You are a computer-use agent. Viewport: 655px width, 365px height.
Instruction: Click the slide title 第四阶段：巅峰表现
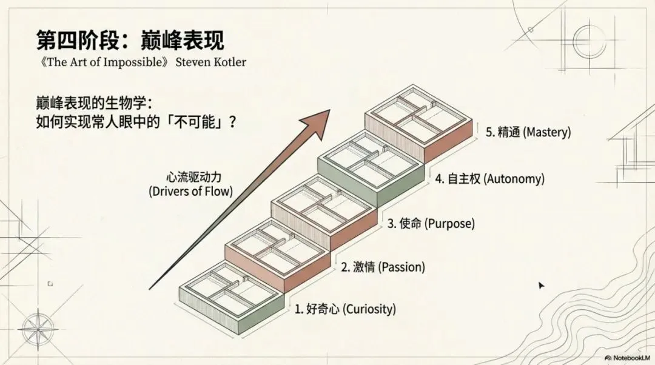pos(130,40)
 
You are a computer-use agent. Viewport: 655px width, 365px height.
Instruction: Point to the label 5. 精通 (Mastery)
pos(528,131)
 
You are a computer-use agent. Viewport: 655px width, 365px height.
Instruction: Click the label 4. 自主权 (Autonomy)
pos(489,179)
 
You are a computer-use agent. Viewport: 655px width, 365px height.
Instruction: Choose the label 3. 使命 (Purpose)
pos(431,224)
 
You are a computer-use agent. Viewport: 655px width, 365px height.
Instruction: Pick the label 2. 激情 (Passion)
pos(383,267)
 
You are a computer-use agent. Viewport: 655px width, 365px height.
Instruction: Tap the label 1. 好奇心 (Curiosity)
pos(345,309)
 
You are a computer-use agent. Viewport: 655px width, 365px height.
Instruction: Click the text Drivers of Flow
pos(190,192)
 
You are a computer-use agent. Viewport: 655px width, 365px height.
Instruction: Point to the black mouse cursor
pos(542,285)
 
